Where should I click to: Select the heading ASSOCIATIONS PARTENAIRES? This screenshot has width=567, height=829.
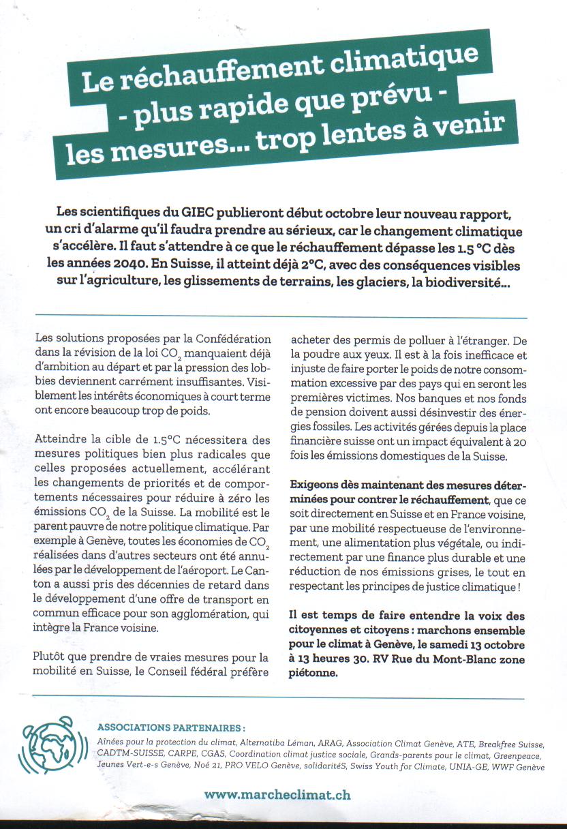[x=172, y=727]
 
